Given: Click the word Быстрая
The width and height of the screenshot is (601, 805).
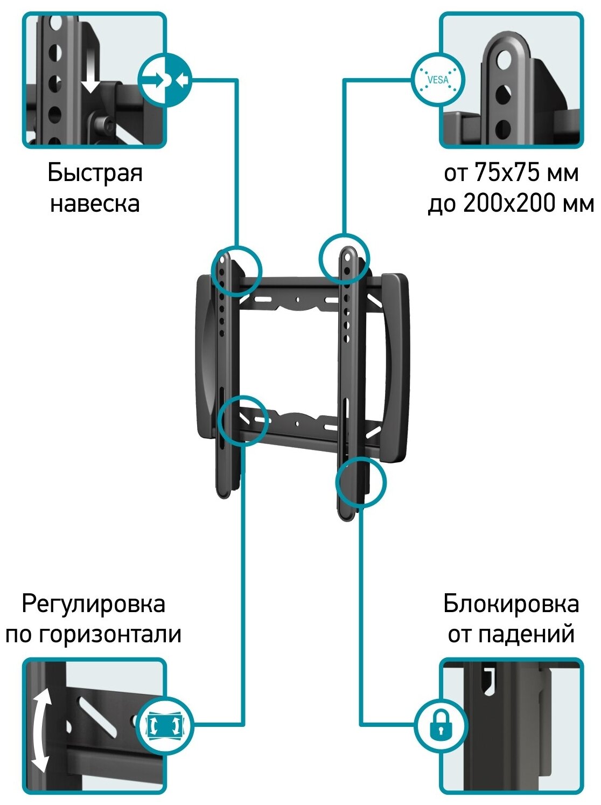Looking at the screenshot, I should [95, 174].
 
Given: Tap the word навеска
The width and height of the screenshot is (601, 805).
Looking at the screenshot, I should [95, 204].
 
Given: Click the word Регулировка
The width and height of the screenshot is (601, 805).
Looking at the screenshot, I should [93, 604].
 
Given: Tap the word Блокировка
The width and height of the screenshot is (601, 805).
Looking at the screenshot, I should [511, 604].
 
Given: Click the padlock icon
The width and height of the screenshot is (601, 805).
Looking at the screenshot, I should [441, 725].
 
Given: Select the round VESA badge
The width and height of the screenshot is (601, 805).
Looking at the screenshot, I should [437, 80].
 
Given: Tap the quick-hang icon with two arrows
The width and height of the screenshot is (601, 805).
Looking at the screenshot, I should [166, 80].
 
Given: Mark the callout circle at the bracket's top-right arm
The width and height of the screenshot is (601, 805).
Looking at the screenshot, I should [344, 259].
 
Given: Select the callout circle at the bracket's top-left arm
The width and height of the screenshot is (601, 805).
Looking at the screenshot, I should [236, 271].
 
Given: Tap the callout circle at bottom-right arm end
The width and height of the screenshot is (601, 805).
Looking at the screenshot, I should [361, 482].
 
